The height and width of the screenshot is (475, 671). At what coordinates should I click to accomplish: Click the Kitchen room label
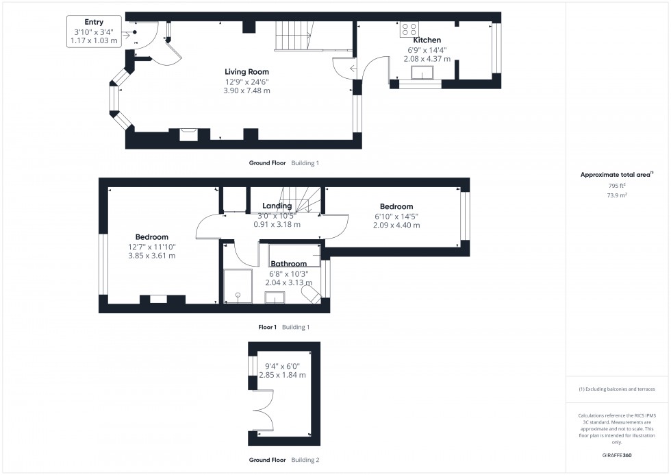click(427, 40)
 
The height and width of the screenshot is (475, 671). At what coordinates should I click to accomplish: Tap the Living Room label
click(247, 71)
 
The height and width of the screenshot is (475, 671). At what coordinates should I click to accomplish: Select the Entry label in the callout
click(94, 23)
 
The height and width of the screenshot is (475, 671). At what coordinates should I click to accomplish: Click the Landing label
click(277, 206)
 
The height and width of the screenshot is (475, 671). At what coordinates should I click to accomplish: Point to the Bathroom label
click(288, 264)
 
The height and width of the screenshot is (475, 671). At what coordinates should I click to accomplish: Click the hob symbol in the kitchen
click(409, 29)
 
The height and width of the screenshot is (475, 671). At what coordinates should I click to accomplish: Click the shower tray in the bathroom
click(238, 287)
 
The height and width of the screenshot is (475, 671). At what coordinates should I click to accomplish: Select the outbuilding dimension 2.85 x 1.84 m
click(282, 375)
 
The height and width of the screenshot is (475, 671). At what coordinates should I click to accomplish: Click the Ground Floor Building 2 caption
click(283, 460)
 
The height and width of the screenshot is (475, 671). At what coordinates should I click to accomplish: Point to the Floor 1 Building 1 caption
click(283, 328)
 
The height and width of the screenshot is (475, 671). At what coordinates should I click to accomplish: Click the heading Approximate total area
click(616, 175)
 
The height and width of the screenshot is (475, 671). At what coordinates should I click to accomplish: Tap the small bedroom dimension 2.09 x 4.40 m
click(396, 225)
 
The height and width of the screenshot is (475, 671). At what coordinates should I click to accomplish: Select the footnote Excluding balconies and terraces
click(617, 389)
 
